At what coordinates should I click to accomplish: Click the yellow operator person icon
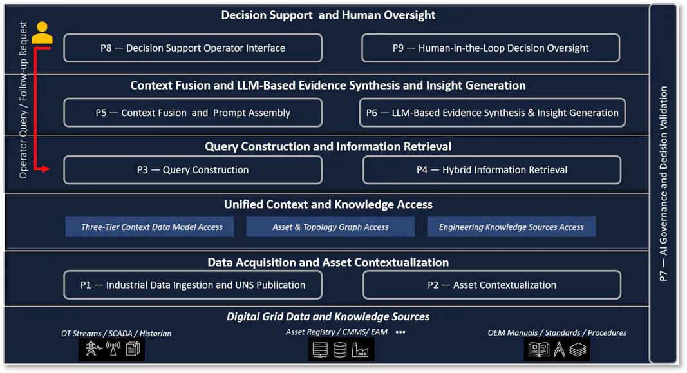(x=42, y=33)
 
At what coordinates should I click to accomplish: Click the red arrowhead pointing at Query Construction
(x=45, y=169)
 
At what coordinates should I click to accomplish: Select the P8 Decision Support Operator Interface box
(x=193, y=48)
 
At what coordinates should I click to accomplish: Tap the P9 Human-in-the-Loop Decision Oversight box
(x=491, y=48)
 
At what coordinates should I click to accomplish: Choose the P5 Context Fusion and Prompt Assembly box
(x=193, y=113)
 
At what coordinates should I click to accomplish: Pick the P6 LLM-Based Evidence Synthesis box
(x=492, y=113)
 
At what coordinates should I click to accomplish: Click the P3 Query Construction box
(x=193, y=169)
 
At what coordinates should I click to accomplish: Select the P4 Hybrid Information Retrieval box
(x=492, y=169)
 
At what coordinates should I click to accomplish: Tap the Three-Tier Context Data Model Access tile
(x=149, y=227)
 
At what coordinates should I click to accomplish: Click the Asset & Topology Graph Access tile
(x=330, y=227)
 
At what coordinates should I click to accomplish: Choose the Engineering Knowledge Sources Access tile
(x=511, y=227)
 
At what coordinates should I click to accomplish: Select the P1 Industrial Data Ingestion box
(x=193, y=285)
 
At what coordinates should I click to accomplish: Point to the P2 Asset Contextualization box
(x=492, y=285)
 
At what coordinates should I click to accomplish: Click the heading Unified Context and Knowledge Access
(x=328, y=205)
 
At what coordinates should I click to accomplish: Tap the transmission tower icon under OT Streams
(x=93, y=349)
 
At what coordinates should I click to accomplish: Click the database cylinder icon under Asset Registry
(x=340, y=350)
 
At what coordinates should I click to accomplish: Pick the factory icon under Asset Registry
(x=360, y=350)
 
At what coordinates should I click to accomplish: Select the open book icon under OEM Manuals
(x=539, y=349)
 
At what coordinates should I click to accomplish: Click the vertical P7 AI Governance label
(x=663, y=183)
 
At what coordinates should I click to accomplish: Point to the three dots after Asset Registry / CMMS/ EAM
(x=400, y=332)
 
